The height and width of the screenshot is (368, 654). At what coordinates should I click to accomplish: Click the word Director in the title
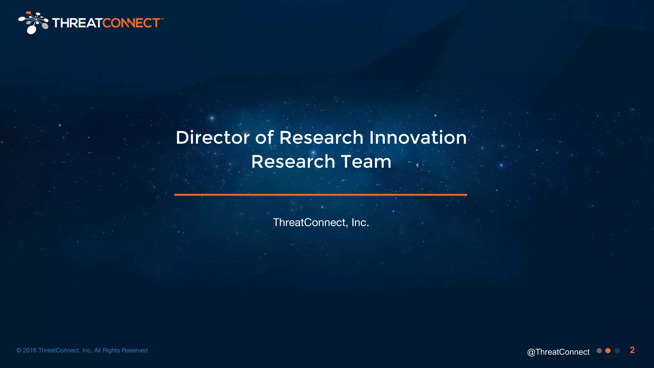click(x=212, y=138)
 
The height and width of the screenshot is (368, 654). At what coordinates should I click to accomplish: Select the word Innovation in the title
click(x=418, y=138)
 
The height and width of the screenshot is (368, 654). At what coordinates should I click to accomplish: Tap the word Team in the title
click(x=366, y=162)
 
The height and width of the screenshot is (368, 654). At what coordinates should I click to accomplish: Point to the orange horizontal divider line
click(x=321, y=195)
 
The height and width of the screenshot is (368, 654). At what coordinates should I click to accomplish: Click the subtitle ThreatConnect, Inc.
click(x=321, y=222)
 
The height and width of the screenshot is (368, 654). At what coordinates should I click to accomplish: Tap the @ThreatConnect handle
click(x=558, y=352)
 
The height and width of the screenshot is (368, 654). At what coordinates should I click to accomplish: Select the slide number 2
click(x=632, y=350)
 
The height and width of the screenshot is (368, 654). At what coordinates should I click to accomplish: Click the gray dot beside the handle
click(x=599, y=351)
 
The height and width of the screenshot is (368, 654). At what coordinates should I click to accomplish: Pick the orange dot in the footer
click(x=608, y=351)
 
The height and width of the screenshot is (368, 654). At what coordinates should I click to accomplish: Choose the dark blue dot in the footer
click(x=617, y=351)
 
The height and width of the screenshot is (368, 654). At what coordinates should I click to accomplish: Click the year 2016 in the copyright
click(x=30, y=350)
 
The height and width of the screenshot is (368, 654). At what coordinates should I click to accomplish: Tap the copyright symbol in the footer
click(x=19, y=350)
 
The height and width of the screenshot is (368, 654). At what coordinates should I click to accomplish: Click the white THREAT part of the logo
click(x=77, y=23)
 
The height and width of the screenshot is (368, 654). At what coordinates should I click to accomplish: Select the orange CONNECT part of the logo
click(x=131, y=23)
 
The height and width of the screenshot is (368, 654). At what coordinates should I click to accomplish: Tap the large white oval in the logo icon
click(x=32, y=30)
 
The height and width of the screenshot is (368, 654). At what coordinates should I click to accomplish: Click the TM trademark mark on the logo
click(x=162, y=19)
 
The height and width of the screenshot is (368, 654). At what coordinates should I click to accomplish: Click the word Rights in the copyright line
click(x=111, y=350)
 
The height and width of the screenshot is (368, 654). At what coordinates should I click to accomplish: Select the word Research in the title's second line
click(x=293, y=162)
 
